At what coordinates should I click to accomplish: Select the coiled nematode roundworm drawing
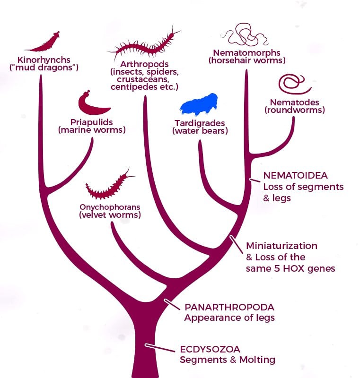(294, 85)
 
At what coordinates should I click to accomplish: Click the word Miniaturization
(281, 246)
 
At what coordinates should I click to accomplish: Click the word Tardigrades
(200, 123)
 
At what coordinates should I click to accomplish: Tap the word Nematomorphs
(246, 52)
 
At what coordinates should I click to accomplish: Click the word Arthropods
(144, 64)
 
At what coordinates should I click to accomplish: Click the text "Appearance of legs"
(229, 318)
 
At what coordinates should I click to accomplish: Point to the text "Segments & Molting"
(228, 360)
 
